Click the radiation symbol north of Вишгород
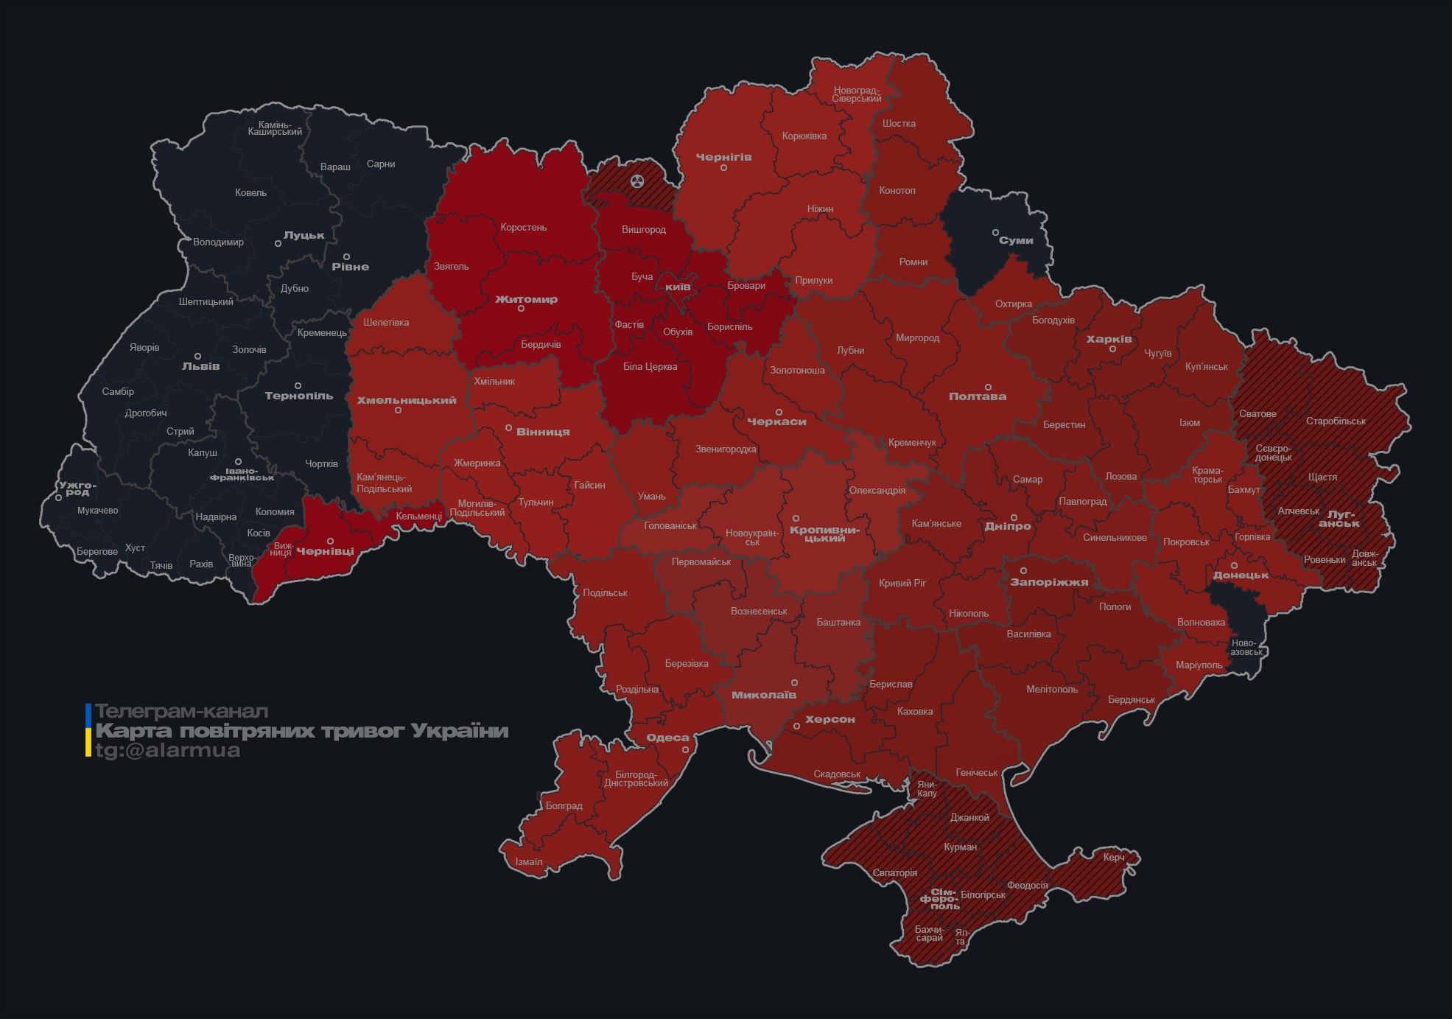pos(637,181)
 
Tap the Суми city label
pos(1016,240)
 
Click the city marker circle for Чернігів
pos(723,168)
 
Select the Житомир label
pos(526,299)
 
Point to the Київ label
pos(678,287)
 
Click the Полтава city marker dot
pos(988,387)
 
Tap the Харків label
pos(1109,340)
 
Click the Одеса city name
pos(667,738)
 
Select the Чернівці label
pos(325,551)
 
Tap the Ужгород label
pos(77,489)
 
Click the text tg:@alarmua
pos(168,750)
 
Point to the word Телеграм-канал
pos(181,712)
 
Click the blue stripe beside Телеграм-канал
pos(88,713)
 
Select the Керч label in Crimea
pos(1113,857)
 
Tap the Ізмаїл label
pos(528,861)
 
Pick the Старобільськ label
pos(1335,421)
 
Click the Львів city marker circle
pos(197,357)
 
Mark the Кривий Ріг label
pos(902,583)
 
